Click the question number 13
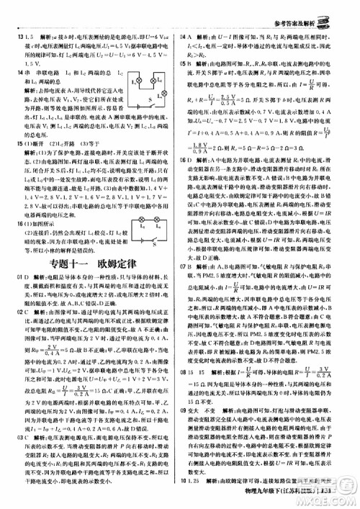tap(14, 35)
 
